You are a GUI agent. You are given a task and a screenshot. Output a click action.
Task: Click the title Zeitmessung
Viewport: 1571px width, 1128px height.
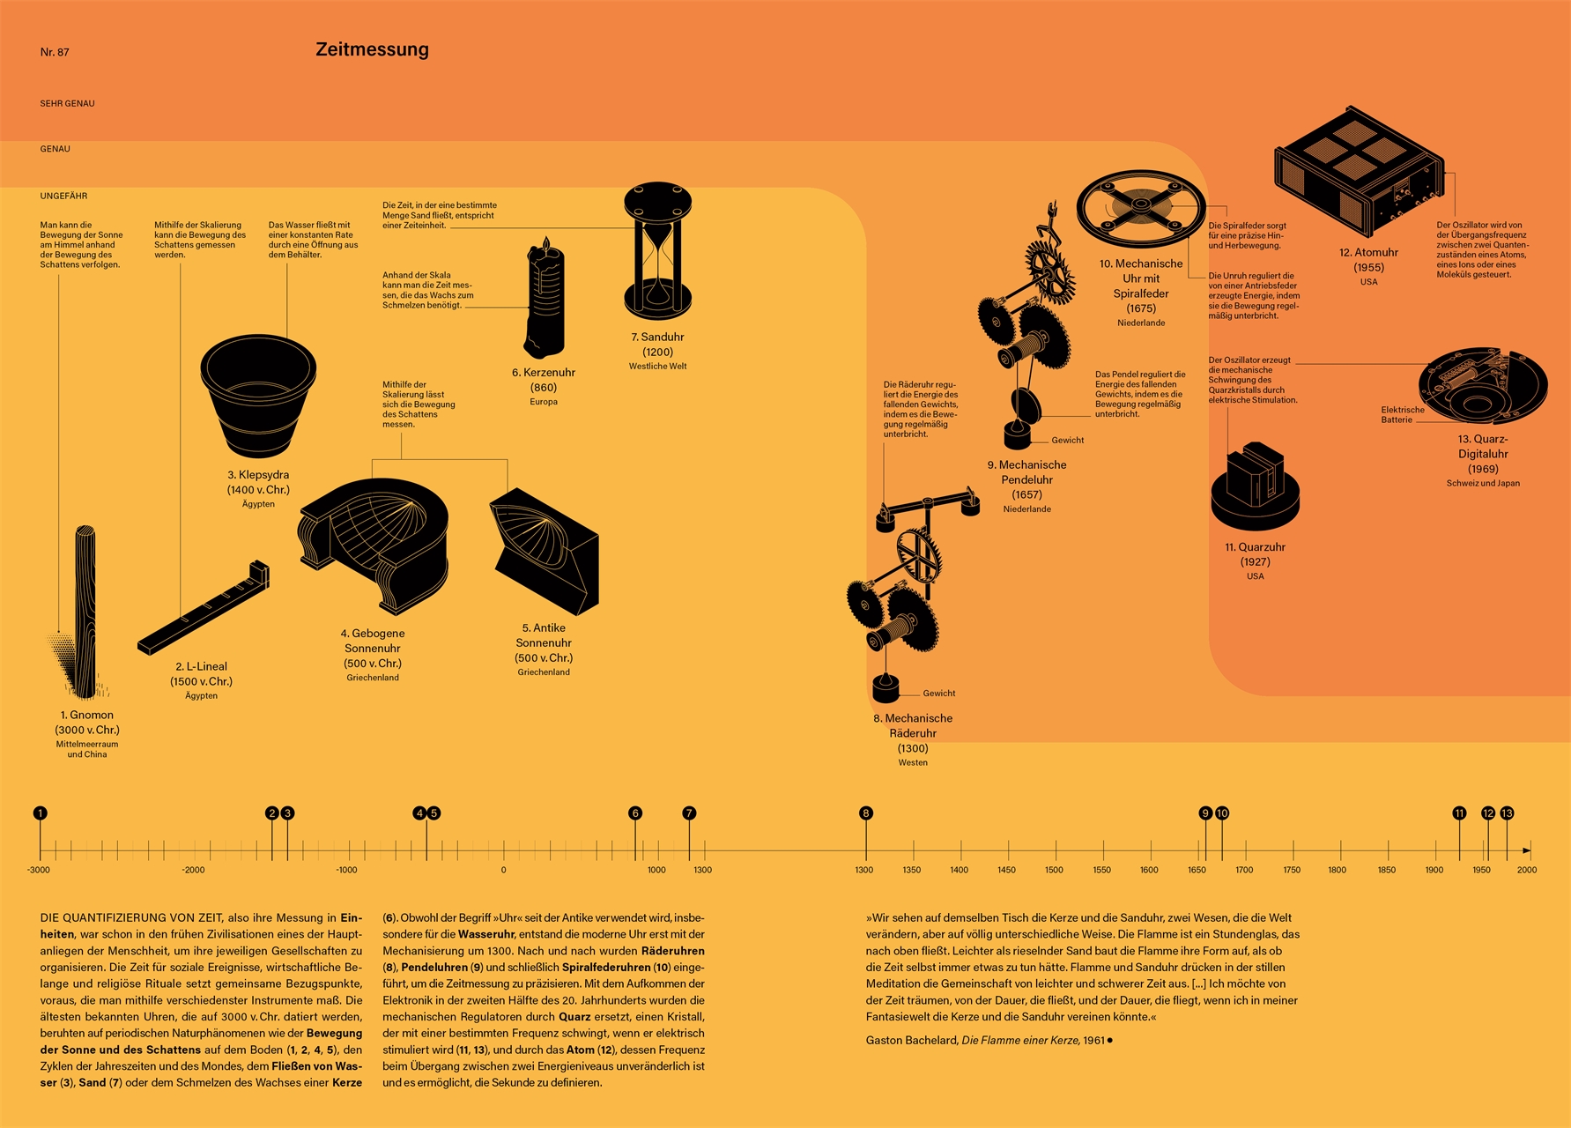point(372,49)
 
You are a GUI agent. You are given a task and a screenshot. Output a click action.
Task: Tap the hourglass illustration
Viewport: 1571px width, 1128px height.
point(657,250)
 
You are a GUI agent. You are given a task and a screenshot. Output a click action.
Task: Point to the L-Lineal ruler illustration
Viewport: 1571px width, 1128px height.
point(203,609)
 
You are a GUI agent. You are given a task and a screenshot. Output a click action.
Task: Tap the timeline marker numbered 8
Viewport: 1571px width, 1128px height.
point(866,813)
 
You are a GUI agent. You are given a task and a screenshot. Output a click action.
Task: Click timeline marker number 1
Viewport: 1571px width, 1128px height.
point(40,813)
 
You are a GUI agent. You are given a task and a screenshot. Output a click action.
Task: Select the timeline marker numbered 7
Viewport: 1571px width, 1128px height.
point(689,813)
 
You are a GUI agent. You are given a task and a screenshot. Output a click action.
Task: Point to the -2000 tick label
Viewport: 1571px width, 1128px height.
point(193,870)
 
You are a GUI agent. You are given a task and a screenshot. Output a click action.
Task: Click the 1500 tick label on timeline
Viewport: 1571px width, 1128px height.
point(1054,870)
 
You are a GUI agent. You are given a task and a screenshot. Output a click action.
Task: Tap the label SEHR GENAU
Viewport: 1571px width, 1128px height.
point(67,103)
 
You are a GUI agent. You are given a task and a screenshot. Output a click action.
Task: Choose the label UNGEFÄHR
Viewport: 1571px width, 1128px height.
point(63,196)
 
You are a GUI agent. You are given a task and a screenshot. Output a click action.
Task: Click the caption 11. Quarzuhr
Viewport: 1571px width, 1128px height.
point(1255,547)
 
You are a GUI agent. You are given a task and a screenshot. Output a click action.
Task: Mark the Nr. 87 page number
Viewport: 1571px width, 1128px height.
point(55,52)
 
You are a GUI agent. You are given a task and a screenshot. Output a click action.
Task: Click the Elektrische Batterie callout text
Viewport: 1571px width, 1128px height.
point(1402,414)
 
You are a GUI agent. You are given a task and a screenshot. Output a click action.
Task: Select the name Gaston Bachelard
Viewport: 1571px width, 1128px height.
point(911,1041)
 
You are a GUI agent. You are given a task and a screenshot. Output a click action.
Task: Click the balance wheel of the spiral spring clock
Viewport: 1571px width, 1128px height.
point(1141,207)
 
